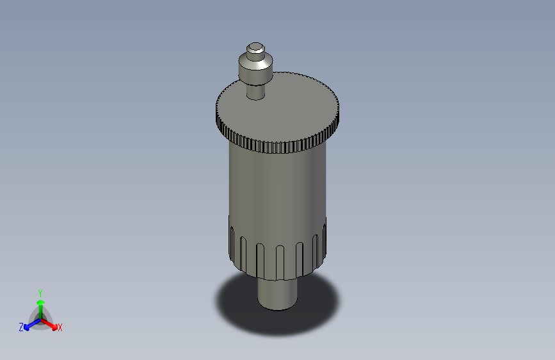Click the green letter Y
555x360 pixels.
tap(40, 293)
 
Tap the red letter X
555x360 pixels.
tap(60, 327)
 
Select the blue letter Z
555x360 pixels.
tap(21, 327)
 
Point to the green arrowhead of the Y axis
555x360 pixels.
tap(41, 303)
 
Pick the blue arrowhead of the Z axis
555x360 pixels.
tap(26, 327)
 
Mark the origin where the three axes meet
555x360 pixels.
tap(41, 320)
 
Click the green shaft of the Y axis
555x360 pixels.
tap(41, 312)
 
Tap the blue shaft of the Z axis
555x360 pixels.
tap(35, 323)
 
